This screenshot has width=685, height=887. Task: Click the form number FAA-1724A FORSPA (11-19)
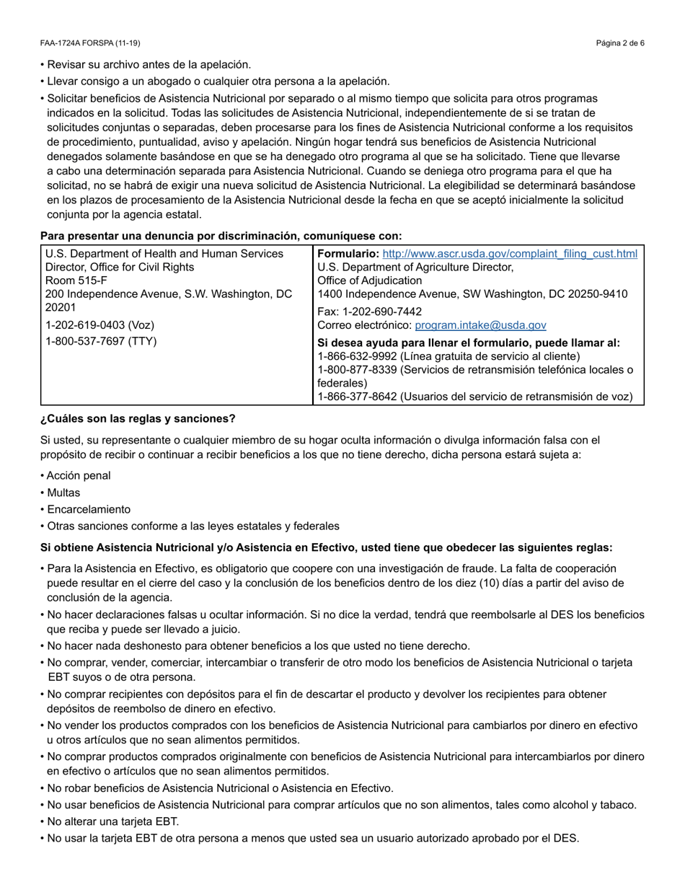coord(90,43)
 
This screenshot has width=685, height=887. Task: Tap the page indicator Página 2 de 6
coord(620,43)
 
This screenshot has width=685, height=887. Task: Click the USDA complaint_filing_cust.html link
coord(510,254)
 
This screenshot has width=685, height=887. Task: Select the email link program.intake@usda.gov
coord(481,325)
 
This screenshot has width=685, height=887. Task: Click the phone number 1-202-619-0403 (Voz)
coord(100,325)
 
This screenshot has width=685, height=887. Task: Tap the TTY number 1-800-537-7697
coord(101,341)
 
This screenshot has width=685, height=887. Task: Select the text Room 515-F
coord(76,281)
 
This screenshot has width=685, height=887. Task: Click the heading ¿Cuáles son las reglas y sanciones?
coord(138,419)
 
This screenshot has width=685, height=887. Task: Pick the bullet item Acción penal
coord(79,476)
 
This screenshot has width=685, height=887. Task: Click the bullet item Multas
coord(63,493)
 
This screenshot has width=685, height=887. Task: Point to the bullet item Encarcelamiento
coord(89,509)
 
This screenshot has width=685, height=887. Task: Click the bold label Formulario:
coord(348,254)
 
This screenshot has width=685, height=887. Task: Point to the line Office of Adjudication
coord(370,281)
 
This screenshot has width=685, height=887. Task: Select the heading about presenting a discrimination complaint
coord(221,236)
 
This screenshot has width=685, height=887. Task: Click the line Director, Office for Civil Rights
coord(120,267)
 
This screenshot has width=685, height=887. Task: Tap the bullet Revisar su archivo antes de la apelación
coord(149,65)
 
